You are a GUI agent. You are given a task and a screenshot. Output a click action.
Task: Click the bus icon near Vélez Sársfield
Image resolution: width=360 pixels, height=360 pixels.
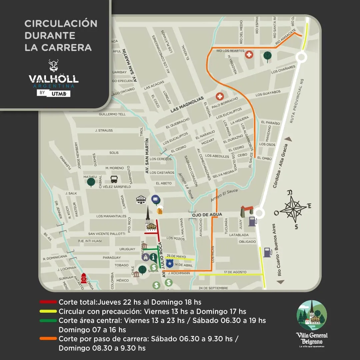tap(114, 179)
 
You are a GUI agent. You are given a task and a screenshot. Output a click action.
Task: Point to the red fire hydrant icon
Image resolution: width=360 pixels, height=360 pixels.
tap(84, 278)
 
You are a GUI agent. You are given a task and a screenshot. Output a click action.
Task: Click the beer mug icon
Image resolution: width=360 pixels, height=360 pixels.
tap(160, 211)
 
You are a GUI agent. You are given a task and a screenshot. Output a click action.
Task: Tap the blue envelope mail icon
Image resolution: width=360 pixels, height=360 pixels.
tap(155, 199)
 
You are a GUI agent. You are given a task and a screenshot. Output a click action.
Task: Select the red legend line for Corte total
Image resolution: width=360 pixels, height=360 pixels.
tap(48, 302)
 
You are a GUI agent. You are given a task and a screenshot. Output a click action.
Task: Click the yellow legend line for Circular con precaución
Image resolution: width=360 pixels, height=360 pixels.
tap(48, 312)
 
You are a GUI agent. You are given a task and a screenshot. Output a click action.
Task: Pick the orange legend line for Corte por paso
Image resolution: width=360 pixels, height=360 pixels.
tap(48, 339)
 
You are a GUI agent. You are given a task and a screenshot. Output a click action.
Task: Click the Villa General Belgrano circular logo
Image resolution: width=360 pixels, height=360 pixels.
tap(312, 315)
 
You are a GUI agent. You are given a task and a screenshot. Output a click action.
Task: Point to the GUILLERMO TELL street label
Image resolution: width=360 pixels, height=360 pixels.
tap(112, 114)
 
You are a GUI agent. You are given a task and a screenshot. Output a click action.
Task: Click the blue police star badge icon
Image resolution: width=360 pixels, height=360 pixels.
tap(170, 264)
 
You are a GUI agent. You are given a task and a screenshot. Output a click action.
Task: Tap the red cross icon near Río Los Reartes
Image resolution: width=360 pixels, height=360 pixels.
tap(249, 55)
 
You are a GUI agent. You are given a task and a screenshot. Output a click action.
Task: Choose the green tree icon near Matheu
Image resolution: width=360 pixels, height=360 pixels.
tap(91, 182)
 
